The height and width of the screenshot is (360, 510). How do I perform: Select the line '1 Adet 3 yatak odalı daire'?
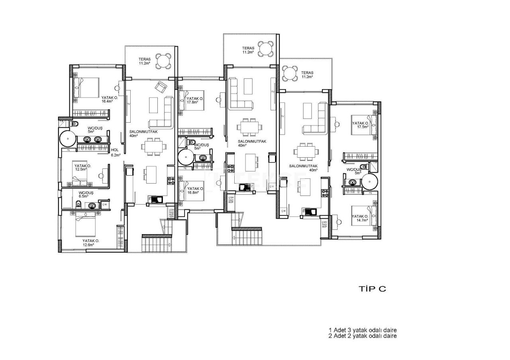(362, 330)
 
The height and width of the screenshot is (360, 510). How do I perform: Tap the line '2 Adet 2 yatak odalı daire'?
(362, 336)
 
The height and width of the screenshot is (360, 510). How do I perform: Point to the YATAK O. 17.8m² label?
(195, 100)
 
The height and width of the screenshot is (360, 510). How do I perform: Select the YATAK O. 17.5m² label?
(360, 125)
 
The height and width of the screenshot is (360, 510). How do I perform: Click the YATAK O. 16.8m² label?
(195, 190)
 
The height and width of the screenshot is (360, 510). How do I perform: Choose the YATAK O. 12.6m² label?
(90, 243)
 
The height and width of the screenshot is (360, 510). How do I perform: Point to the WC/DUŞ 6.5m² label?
(86, 194)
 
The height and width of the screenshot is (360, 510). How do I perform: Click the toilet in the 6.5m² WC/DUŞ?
(79, 205)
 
